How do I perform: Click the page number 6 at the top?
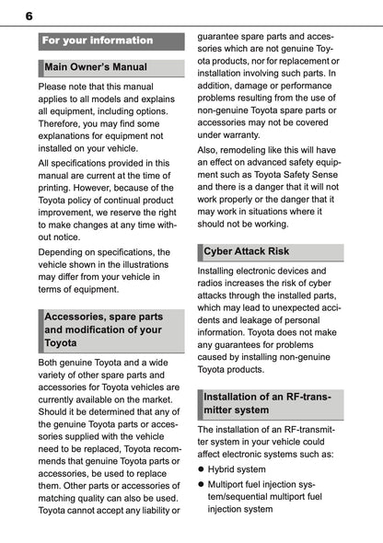point(29,16)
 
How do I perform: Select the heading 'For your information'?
point(97,40)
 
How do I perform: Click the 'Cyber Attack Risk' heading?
point(246,250)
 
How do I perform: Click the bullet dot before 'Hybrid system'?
point(202,469)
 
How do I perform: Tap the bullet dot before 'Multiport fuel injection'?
point(202,483)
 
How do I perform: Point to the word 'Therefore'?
point(64,131)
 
